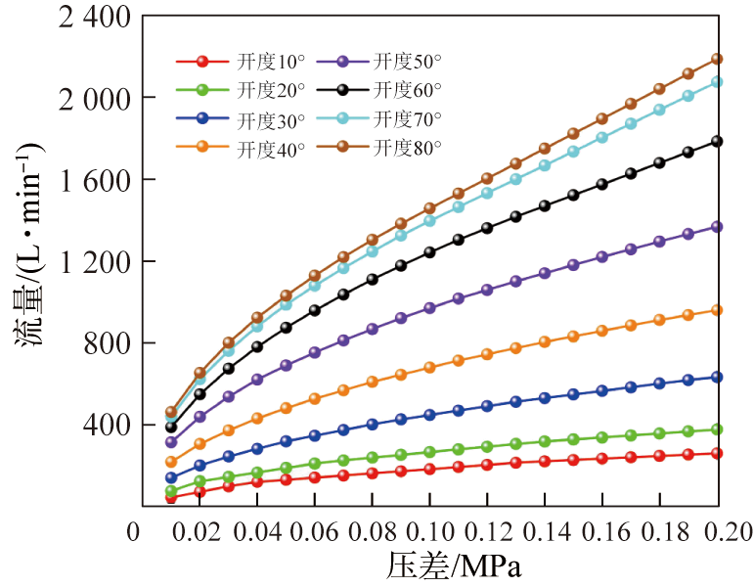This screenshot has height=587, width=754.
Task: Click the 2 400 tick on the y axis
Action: point(72,17)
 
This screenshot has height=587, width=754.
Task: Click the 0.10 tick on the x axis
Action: point(428,531)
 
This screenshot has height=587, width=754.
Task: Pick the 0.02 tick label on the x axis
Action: point(199,531)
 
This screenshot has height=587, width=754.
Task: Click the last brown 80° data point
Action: point(716,59)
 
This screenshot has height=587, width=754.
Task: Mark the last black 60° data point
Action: point(716,141)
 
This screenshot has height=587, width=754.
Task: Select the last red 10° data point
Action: point(716,453)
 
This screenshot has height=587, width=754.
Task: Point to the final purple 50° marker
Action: point(716,227)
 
